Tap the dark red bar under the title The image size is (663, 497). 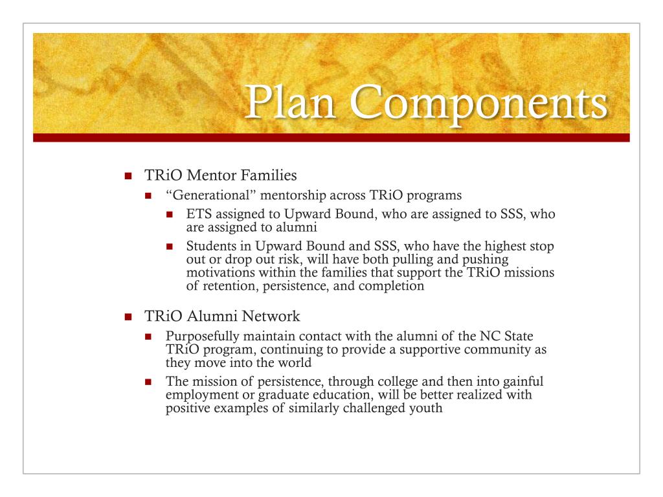[331, 137]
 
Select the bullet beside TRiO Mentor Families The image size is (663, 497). [128, 177]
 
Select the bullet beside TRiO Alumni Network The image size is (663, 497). [128, 318]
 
